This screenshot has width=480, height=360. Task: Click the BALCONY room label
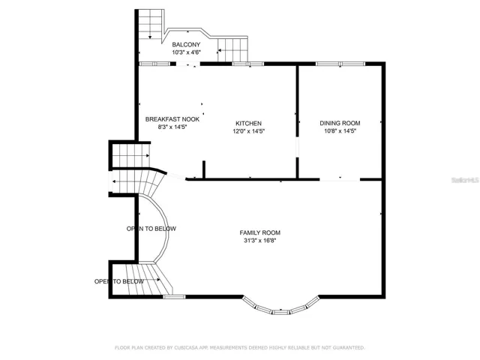pyautogui.click(x=186, y=45)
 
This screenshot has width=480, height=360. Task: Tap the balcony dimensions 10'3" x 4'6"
pyautogui.click(x=186, y=52)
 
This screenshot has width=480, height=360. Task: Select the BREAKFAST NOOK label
pyautogui.click(x=172, y=119)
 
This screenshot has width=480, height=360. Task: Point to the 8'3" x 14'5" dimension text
pyautogui.click(x=172, y=127)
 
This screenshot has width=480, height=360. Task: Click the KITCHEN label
pyautogui.click(x=248, y=123)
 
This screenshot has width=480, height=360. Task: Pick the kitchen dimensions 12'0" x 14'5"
pyautogui.click(x=248, y=131)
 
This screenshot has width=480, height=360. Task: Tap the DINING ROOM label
pyautogui.click(x=340, y=123)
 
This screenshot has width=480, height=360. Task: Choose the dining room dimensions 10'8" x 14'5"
pyautogui.click(x=340, y=131)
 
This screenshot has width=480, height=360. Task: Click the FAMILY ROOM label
pyautogui.click(x=260, y=232)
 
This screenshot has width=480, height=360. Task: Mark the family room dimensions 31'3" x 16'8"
pyautogui.click(x=260, y=241)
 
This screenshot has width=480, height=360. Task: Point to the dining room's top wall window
pyautogui.click(x=340, y=64)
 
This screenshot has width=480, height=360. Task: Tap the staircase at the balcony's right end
pyautogui.click(x=232, y=49)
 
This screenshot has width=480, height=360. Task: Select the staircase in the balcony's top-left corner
pyautogui.click(x=150, y=24)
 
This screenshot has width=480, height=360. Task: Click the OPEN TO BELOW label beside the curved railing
pyautogui.click(x=151, y=229)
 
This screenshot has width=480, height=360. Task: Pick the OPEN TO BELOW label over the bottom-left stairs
pyautogui.click(x=118, y=282)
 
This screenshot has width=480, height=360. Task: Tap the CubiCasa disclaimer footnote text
pyautogui.click(x=240, y=348)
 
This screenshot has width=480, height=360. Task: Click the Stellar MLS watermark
pyautogui.click(x=465, y=180)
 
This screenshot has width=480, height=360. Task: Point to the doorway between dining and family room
pyautogui.click(x=340, y=180)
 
